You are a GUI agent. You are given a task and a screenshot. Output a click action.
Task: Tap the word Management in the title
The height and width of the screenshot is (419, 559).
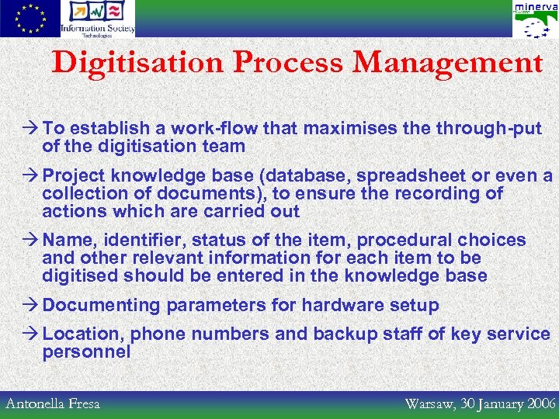point(447,63)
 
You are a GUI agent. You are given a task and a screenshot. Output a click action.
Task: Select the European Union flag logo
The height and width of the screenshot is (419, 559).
point(30,19)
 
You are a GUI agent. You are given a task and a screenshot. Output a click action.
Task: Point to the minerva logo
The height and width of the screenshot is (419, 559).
point(534,19)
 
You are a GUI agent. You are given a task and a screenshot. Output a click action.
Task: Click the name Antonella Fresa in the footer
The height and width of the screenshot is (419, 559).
point(53,403)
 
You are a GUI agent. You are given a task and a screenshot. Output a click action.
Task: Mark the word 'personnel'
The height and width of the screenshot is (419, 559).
point(86,352)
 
